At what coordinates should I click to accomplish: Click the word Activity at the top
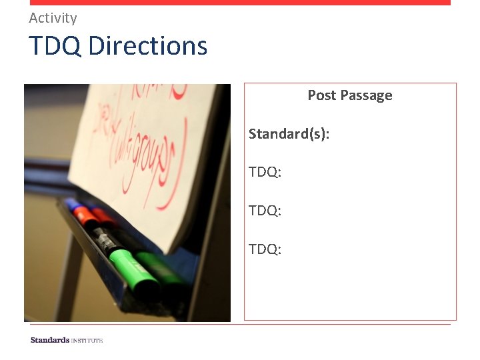(x=53, y=18)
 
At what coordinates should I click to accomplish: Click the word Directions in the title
(x=147, y=46)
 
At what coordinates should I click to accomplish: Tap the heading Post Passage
(x=349, y=95)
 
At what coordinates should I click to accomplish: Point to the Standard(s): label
(x=289, y=134)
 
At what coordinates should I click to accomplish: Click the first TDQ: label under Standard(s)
(x=265, y=173)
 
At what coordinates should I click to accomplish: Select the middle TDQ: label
(x=265, y=211)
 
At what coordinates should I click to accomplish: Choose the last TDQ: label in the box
(x=265, y=249)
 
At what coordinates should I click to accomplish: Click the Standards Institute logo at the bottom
(x=67, y=340)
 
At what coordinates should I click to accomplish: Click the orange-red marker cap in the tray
(x=85, y=215)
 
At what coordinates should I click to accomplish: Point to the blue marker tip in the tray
(x=69, y=202)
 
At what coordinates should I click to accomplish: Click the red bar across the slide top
(x=240, y=3)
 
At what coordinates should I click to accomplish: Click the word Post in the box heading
(x=322, y=95)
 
